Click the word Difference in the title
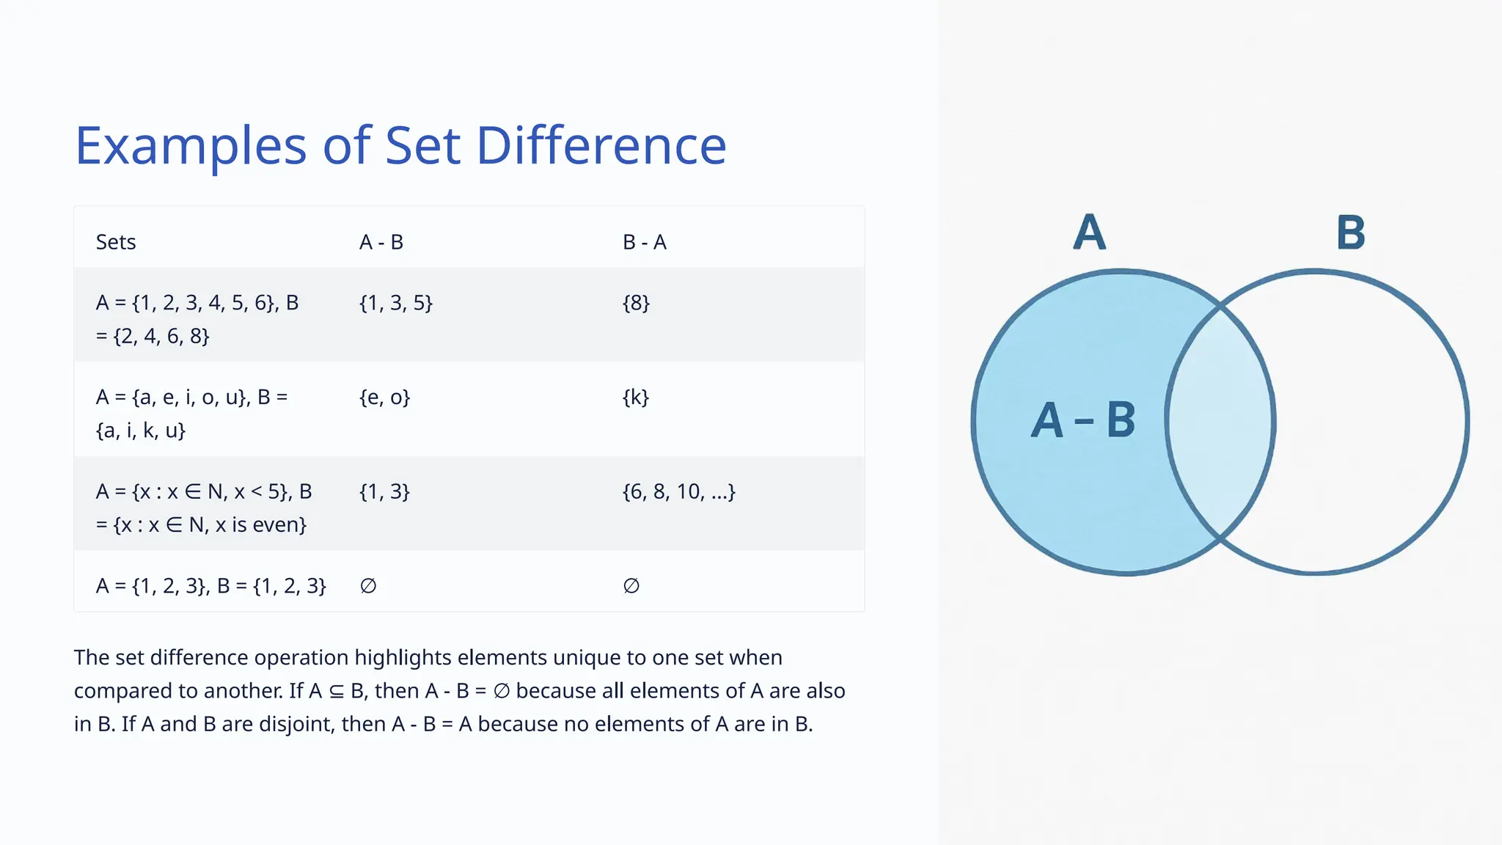point(601,145)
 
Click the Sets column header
point(116,242)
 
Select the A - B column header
point(381,242)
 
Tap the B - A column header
point(644,242)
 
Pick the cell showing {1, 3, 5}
point(396,303)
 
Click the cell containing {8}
point(636,303)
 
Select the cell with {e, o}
point(384,398)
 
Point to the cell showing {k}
point(635,398)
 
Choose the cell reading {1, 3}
point(384,491)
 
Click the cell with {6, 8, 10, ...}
point(678,491)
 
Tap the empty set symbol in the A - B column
point(368,586)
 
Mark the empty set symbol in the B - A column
point(631,586)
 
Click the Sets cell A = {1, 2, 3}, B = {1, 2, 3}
point(210,586)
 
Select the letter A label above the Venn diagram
point(1089,233)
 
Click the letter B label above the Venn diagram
point(1350,233)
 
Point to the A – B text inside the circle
point(1083,420)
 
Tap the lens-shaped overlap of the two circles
point(1220,422)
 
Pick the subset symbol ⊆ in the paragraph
point(336,691)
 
